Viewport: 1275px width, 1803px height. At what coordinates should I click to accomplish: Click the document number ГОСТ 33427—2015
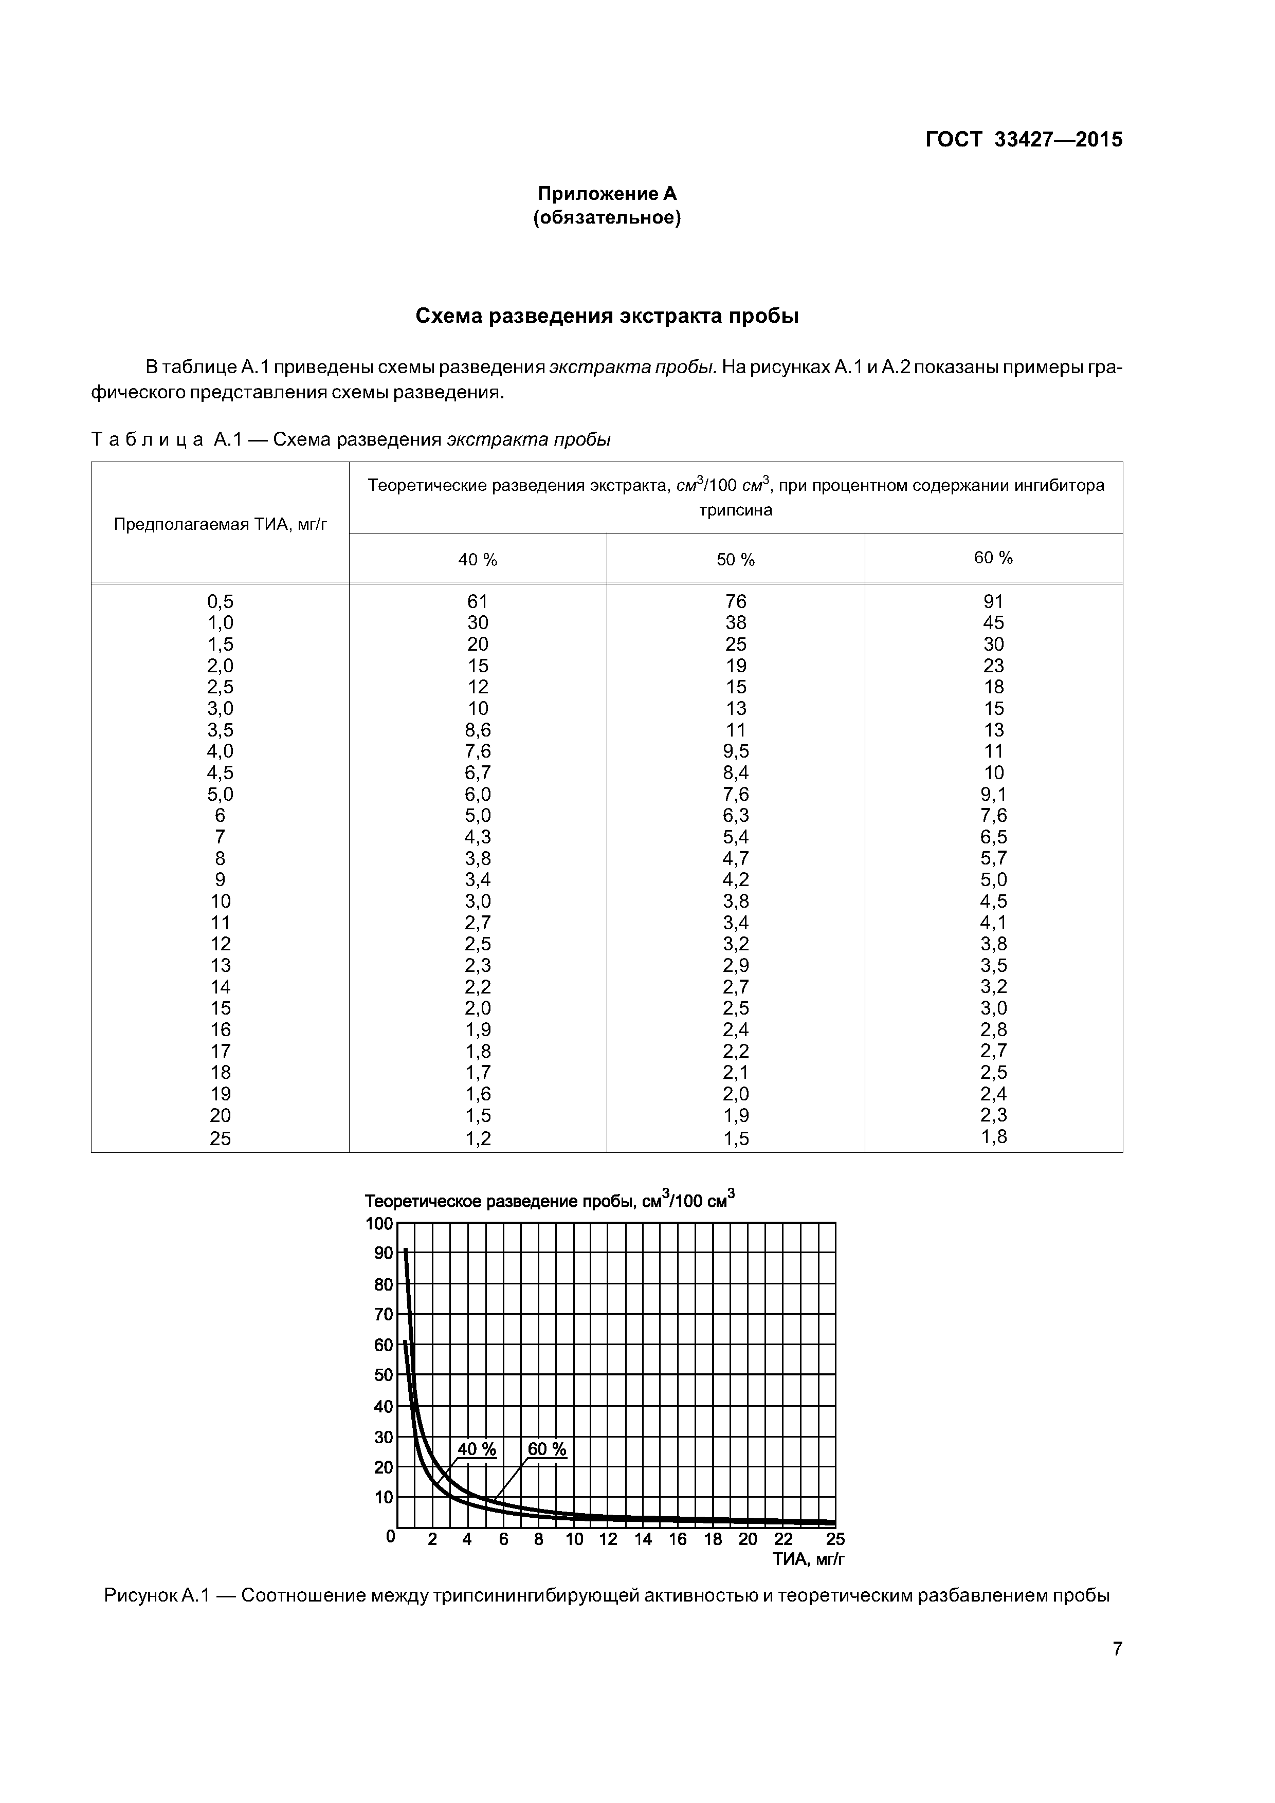(1024, 140)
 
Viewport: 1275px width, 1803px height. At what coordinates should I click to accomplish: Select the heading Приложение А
(607, 193)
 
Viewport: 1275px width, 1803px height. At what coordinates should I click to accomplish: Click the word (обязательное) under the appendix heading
(607, 217)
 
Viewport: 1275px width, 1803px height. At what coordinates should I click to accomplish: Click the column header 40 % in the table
(478, 560)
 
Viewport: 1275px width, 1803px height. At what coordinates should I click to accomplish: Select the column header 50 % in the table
(735, 560)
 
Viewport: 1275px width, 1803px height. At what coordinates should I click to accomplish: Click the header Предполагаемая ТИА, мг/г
(220, 524)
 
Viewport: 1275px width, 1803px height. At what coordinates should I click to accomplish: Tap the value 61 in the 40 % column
(478, 601)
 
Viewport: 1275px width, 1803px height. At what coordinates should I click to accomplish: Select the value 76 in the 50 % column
(735, 601)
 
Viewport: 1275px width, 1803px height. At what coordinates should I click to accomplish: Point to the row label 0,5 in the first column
(220, 601)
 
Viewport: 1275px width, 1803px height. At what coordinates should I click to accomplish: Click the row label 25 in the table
(220, 1138)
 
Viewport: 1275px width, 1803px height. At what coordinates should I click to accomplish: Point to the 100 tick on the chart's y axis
(379, 1223)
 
